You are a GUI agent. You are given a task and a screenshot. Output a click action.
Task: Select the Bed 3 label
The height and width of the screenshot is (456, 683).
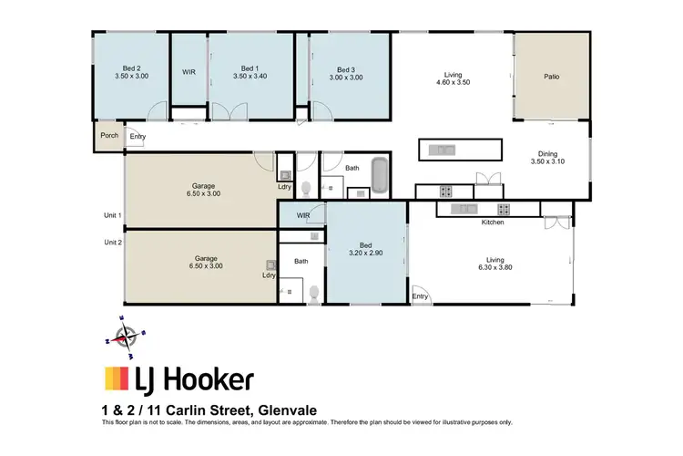coord(345,69)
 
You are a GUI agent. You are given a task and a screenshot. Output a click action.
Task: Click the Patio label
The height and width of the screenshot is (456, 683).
coord(551,77)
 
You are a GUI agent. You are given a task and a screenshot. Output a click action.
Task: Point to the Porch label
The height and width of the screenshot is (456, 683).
coord(109,136)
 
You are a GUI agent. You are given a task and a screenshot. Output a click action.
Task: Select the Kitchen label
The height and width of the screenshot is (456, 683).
coord(493,222)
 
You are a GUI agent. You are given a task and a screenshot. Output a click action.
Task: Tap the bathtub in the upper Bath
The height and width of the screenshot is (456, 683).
coord(380,175)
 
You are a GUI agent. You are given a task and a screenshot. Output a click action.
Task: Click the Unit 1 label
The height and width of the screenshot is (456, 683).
coord(113,215)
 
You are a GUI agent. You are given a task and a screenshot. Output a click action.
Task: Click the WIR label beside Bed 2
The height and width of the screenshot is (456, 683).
coord(189,70)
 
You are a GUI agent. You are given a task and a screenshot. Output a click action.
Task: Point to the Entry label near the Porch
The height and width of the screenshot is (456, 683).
coord(138,137)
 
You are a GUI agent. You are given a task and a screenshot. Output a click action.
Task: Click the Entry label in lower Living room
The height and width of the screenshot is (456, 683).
coord(420,296)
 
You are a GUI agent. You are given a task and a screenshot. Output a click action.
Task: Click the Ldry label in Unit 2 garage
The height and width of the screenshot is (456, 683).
coord(269,275)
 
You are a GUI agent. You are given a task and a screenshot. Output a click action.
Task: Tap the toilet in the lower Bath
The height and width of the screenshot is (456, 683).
coord(314,293)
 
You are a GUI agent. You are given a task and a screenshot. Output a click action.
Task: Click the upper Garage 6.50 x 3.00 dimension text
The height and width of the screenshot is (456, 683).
coord(203,193)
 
